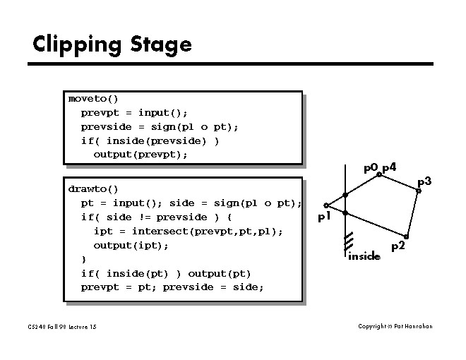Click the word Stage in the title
[160, 44]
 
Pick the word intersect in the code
[160, 232]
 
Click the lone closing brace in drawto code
[83, 259]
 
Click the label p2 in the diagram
[398, 246]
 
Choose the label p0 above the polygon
[371, 168]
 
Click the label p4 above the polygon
[389, 167]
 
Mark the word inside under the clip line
[364, 256]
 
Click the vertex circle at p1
[325, 205]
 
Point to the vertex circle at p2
[406, 236]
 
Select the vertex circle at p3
[419, 191]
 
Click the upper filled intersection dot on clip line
[345, 195]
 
